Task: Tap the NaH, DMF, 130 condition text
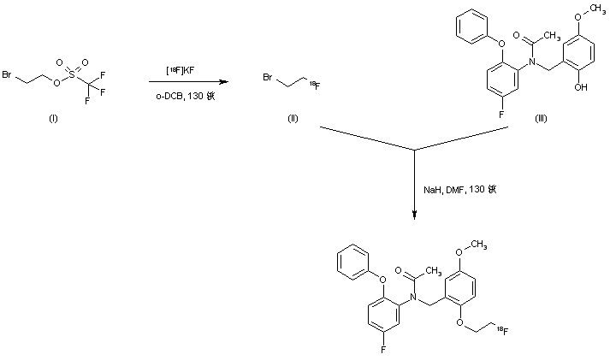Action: coord(459,189)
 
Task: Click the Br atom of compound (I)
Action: coord(7,75)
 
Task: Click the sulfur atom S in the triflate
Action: coord(72,75)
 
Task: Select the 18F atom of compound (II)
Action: coord(315,84)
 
